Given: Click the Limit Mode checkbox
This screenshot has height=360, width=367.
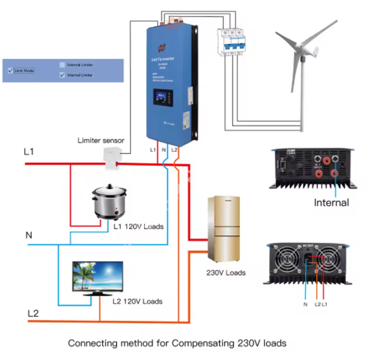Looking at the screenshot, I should tap(10, 71).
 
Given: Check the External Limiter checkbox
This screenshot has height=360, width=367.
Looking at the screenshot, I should tap(62, 64).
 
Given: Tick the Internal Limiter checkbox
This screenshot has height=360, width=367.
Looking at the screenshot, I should tap(62, 75).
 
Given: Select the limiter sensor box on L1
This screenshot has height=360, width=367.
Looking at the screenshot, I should tap(111, 159).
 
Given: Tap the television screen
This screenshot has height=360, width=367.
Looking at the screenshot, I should tap(97, 277).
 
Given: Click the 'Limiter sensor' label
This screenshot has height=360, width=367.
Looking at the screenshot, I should tap(102, 140).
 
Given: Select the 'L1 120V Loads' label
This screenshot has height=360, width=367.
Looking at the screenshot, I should tap(139, 227).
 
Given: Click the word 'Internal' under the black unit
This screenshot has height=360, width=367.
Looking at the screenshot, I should tap(332, 203).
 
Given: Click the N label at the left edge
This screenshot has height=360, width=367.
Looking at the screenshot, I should tap(28, 234).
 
